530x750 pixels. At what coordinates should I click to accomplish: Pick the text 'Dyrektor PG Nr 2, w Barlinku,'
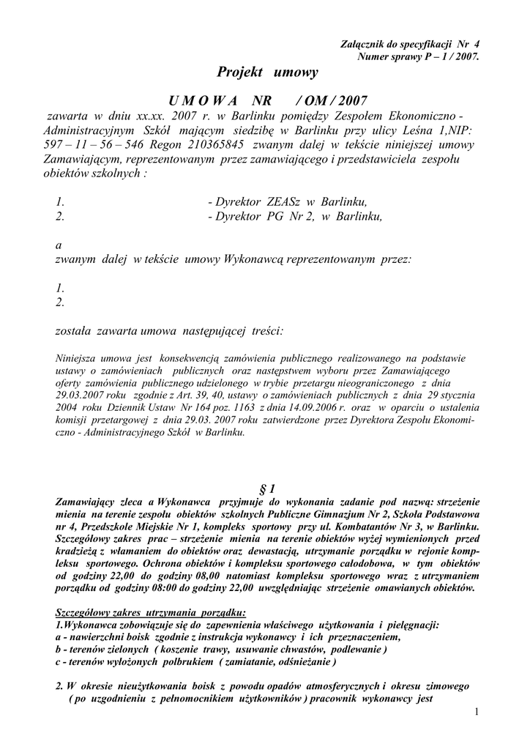point(295,216)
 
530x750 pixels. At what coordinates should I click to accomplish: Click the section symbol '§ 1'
point(267,489)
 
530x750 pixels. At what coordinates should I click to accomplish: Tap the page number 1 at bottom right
point(476,713)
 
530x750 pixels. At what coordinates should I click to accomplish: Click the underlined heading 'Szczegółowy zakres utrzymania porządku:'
point(152,612)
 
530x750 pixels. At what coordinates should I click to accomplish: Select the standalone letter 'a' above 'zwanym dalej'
point(59,245)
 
